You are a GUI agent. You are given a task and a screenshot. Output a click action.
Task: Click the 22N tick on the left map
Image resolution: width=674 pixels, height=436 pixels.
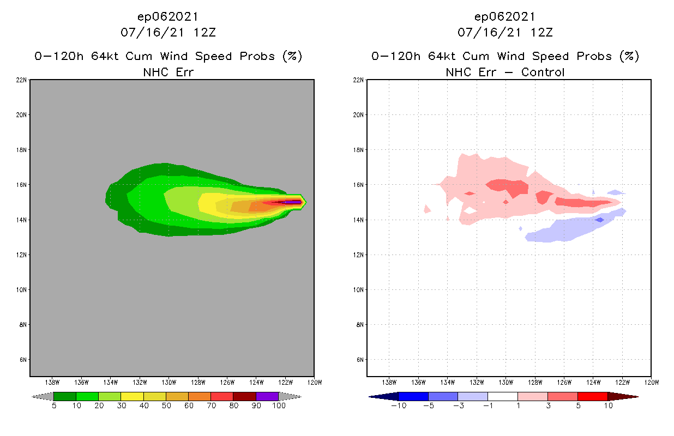[22, 80]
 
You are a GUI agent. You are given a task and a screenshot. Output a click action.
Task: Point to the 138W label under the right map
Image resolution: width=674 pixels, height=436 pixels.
[390, 382]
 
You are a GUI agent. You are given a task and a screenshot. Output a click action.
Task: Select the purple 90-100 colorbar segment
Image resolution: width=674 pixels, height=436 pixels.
[267, 396]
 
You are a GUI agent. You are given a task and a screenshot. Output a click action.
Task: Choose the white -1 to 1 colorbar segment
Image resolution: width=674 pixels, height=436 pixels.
[502, 396]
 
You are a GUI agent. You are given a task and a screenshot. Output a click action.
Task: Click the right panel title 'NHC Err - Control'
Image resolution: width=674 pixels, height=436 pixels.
[505, 72]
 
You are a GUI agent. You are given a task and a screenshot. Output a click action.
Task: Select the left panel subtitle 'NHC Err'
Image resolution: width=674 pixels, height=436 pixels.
[167, 72]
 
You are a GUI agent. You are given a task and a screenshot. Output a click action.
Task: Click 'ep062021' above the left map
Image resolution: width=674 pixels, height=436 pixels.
[167, 16]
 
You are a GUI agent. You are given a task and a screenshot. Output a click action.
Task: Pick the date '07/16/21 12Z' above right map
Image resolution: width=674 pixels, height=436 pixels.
[505, 32]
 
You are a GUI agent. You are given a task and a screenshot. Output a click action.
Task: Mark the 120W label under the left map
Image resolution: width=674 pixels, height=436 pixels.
[314, 382]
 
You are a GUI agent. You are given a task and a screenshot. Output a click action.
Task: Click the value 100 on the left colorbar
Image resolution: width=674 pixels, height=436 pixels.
[279, 405]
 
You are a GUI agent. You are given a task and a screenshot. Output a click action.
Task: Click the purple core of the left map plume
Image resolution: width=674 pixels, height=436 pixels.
[293, 202]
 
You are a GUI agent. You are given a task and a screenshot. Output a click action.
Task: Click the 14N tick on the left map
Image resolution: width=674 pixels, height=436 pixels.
[22, 220]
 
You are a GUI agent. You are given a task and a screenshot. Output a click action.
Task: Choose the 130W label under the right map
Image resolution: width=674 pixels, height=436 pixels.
[506, 382]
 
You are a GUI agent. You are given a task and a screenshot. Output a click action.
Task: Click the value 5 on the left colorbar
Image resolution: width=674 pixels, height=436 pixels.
[54, 405]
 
